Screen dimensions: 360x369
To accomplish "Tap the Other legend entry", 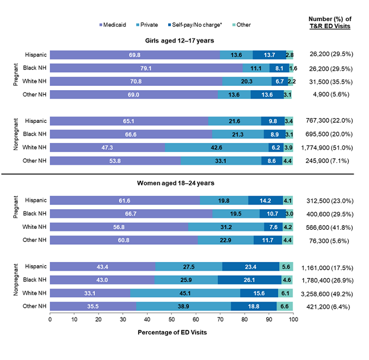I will tap(240, 25).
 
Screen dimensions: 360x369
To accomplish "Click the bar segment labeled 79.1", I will tap(146, 68).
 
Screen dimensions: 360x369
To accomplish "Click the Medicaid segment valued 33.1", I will tap(90, 293).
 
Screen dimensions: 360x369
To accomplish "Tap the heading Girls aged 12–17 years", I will tap(172, 41).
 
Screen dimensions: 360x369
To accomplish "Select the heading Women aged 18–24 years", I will tap(172, 183).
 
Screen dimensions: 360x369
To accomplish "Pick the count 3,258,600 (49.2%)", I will tap(328, 293).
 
